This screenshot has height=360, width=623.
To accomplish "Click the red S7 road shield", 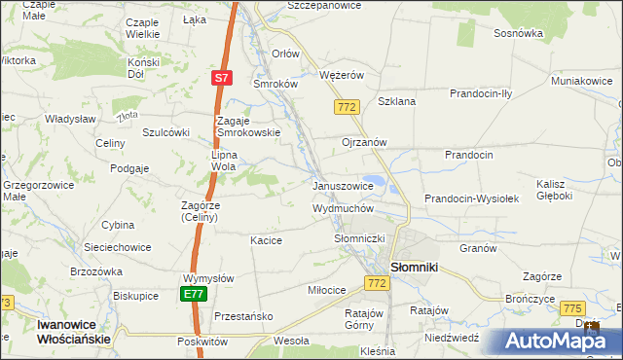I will (223, 77).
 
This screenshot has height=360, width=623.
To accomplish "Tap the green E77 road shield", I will (192, 293).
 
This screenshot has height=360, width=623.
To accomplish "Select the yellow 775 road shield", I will (571, 308).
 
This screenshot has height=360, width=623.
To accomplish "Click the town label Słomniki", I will (418, 266).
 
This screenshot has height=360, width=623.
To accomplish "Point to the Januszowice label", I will (343, 186).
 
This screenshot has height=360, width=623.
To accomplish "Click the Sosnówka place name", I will (518, 33).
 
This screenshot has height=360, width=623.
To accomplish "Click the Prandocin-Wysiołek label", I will (474, 198).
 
